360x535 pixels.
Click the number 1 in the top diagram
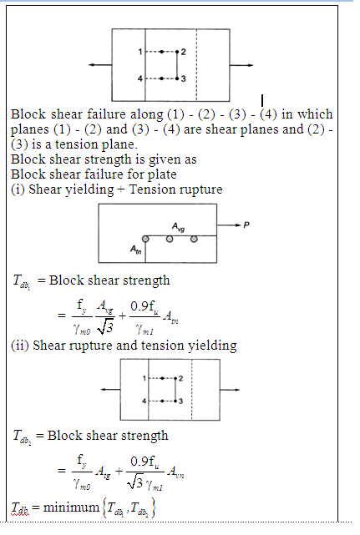coord(140,52)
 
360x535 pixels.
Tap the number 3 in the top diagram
coord(184,78)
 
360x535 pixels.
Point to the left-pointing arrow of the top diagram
coord(100,65)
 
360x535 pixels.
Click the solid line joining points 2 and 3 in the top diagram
coord(177,65)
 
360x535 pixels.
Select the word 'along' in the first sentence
coord(147,114)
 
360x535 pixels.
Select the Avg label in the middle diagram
coord(178,227)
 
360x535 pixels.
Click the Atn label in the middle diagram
coord(135,250)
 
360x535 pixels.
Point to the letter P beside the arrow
coord(246,225)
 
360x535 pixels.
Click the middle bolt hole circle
coord(170,240)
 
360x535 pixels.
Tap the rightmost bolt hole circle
coord(194,240)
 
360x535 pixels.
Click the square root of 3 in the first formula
coord(104,328)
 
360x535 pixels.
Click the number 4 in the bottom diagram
coord(145,401)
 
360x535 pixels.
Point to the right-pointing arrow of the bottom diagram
coord(230,390)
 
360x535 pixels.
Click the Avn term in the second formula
coord(175,472)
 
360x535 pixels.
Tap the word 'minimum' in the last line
coord(71,507)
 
